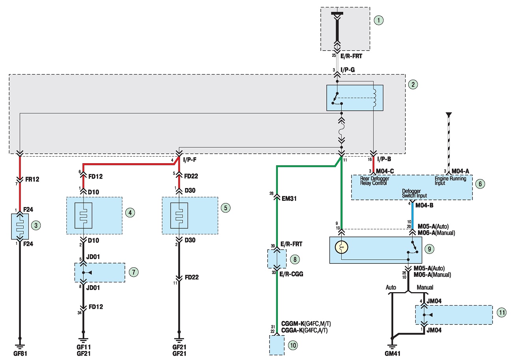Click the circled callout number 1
379,20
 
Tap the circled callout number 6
480,184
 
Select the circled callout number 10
293,345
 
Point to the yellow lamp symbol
341,247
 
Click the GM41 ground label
392,353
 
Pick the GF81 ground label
20,353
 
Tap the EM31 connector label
289,198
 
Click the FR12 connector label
32,179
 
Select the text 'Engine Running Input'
450,181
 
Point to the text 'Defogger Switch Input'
414,193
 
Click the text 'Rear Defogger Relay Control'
374,181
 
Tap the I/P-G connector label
348,70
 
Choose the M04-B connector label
424,205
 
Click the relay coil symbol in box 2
374,98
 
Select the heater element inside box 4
84,216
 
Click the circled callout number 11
502,312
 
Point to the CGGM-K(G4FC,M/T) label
306,324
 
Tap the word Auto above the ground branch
391,287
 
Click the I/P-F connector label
190,160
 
